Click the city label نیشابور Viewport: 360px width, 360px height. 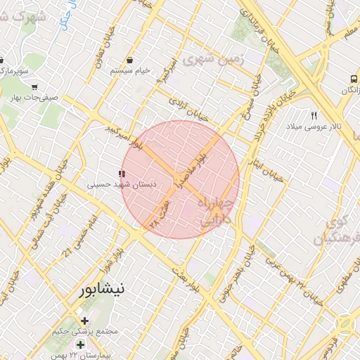[103, 288]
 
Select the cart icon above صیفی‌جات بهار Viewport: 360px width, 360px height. [34, 86]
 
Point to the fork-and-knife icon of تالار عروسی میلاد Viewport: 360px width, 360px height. [314, 115]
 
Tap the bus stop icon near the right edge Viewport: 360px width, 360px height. [352, 79]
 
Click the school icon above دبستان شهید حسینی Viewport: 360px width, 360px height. [122, 173]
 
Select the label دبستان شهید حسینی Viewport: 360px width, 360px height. [122, 184]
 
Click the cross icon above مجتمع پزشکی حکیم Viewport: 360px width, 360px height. [85, 321]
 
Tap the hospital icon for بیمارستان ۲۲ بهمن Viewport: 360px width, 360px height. [80, 345]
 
